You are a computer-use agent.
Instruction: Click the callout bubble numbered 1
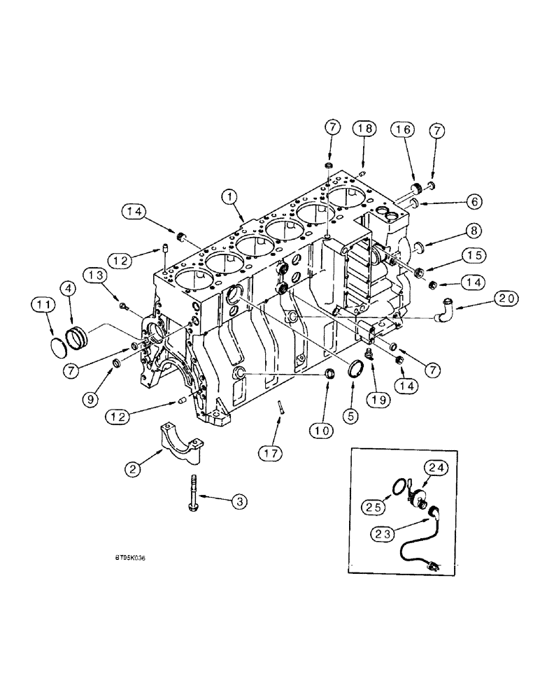coord(229,197)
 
